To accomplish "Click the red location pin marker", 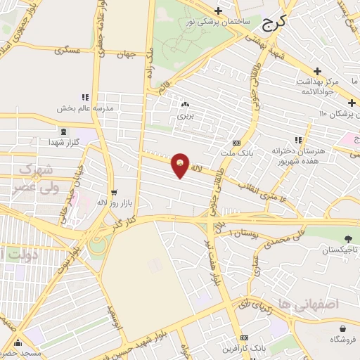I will pyautogui.click(x=181, y=165).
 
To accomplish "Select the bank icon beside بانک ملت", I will pyautogui.click(x=245, y=143).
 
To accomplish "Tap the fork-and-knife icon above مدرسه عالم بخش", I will pyautogui.click(x=85, y=98).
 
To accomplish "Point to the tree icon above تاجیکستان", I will pyautogui.click(x=348, y=240).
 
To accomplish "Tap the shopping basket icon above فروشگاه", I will pyautogui.click(x=342, y=328).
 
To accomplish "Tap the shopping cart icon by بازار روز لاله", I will pyautogui.click(x=112, y=192).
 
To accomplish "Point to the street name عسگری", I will pyautogui.click(x=77, y=51).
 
